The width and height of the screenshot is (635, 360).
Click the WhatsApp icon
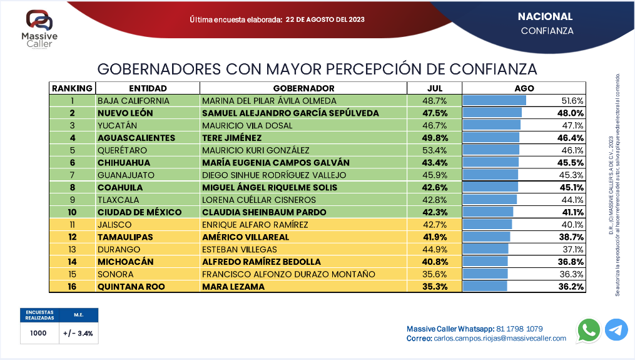click(x=589, y=330)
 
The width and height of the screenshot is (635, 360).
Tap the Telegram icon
click(x=616, y=330)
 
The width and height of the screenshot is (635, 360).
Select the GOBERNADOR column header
click(x=304, y=88)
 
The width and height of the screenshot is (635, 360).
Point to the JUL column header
click(x=435, y=88)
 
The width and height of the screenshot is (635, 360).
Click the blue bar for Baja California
click(x=494, y=100)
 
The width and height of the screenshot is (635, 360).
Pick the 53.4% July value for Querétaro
click(x=435, y=150)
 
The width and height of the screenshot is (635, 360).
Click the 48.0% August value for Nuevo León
click(x=571, y=113)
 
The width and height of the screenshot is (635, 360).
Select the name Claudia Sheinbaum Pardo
click(x=264, y=212)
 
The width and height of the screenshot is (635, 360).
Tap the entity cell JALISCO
click(x=116, y=224)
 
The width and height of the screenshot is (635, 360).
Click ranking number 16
click(x=72, y=286)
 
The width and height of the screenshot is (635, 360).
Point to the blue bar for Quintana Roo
click(x=485, y=286)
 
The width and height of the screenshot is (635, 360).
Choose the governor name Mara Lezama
click(x=233, y=286)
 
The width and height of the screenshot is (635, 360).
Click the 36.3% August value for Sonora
click(x=572, y=274)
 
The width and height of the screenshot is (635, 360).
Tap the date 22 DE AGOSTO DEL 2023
click(x=325, y=19)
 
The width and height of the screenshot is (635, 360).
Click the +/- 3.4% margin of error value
click(x=78, y=333)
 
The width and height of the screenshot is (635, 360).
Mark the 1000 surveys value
click(x=38, y=333)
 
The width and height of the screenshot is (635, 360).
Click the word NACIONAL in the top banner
click(x=545, y=16)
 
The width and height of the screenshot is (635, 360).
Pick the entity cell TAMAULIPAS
click(x=124, y=237)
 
